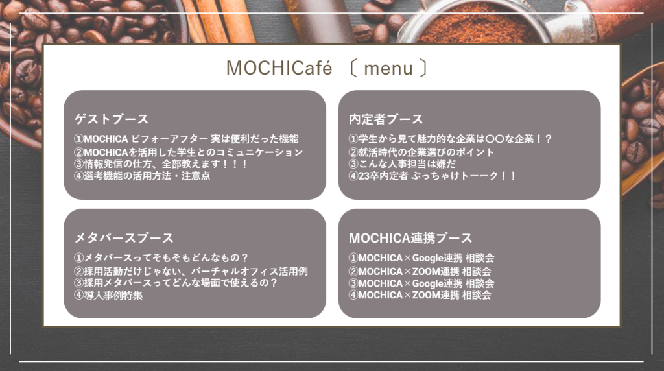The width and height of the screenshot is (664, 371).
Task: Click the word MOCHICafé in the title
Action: click(279, 67)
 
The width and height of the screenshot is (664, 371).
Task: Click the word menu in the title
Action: click(388, 69)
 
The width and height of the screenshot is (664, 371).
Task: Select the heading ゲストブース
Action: click(112, 119)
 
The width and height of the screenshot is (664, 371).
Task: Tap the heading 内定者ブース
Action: click(386, 119)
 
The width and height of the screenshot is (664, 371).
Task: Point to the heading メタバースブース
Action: click(124, 237)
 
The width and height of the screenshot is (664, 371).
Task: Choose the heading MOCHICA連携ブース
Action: click(410, 237)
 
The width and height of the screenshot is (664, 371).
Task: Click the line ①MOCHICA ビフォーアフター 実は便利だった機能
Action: click(186, 139)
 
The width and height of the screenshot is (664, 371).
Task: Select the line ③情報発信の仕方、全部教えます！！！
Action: click(161, 164)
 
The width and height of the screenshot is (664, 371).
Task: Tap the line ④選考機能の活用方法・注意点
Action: click(142, 176)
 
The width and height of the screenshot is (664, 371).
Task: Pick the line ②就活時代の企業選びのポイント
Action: click(421, 152)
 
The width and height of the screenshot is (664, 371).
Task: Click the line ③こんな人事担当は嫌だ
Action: click(402, 164)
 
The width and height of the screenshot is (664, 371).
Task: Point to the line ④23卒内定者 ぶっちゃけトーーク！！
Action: click(433, 176)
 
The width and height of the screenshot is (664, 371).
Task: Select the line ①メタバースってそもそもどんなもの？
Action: click(161, 257)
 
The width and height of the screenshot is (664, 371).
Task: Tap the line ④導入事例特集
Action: click(108, 295)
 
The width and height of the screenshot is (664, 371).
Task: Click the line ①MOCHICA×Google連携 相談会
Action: click(421, 257)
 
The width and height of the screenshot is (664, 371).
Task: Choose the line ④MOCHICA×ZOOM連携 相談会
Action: click(420, 294)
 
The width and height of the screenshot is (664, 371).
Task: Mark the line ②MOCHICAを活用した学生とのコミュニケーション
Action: click(189, 152)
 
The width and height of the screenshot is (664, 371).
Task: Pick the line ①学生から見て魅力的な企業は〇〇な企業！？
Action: click(450, 139)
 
